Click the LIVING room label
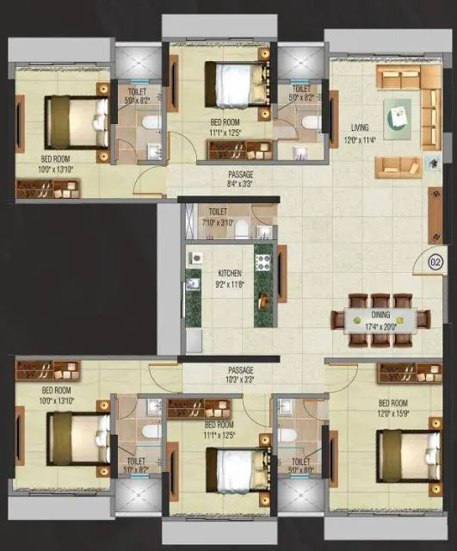(360, 127)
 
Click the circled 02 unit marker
(435, 263)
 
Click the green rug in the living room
(398, 116)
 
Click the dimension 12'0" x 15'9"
(393, 412)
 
